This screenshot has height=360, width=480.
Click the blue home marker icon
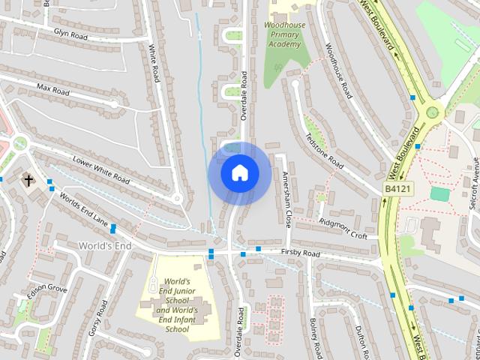[x=239, y=172]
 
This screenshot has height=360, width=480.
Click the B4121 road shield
[x=397, y=189]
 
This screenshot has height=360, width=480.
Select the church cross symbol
[x=28, y=180]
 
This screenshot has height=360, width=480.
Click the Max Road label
[x=52, y=90]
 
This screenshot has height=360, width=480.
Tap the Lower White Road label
[x=100, y=169]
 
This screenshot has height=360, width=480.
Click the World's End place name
[x=104, y=246]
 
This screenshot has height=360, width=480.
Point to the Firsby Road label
[x=300, y=254]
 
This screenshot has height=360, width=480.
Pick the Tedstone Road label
[x=325, y=151]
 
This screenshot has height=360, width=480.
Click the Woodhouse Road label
[x=338, y=70]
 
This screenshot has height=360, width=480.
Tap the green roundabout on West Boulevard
[x=431, y=112]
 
